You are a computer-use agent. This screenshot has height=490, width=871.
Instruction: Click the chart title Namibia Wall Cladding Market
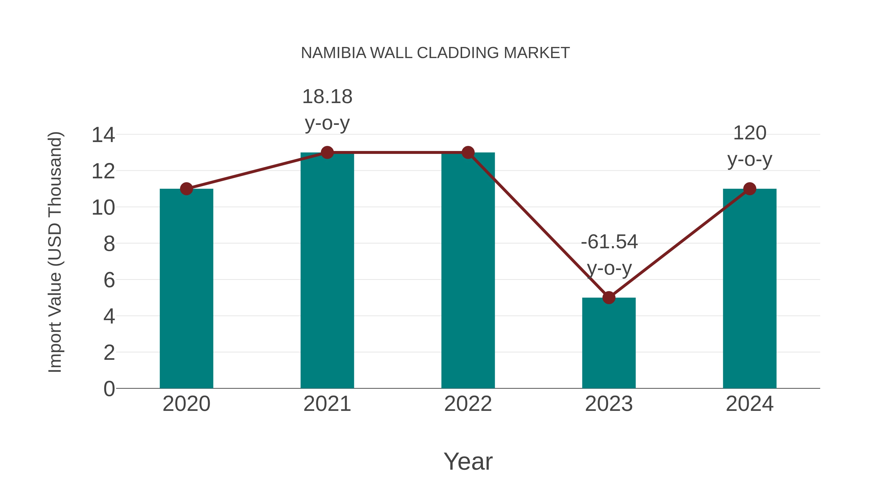coord(435,53)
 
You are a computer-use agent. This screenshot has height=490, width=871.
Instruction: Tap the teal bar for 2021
coord(327,271)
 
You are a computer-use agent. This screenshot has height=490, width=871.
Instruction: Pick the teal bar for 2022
coord(468,271)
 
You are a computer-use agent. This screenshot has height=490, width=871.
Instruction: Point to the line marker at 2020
coord(186,189)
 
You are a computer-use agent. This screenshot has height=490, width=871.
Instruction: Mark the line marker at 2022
coord(468,152)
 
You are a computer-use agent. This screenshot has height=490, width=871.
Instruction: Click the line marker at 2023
coord(609,298)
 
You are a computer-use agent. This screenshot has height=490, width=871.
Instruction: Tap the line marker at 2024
coord(750,189)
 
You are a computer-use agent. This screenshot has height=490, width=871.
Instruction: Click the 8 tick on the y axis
coord(109,244)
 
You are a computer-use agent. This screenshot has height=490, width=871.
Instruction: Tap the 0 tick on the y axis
coord(109,389)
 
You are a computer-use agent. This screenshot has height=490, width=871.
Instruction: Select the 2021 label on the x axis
coord(327,404)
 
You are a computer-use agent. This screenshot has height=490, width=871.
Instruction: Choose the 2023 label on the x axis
coord(609,404)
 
